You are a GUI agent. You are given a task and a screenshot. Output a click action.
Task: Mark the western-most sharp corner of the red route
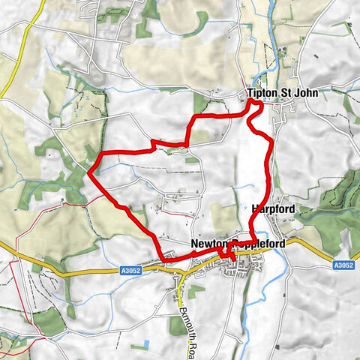tap(89, 173)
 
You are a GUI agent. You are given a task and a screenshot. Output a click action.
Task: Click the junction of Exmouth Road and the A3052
tap(181, 274)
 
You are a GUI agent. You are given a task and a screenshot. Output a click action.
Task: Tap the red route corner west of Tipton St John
tap(193, 119)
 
